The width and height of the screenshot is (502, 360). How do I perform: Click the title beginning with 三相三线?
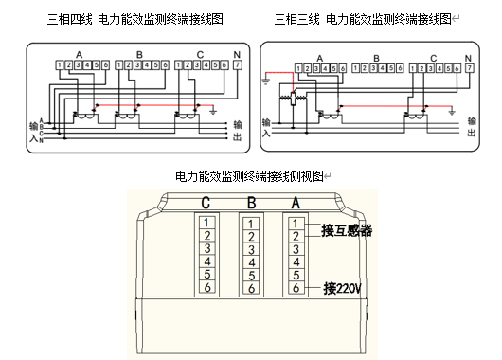pyautogui.click(x=362, y=19)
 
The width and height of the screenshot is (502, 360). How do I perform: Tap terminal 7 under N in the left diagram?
pyautogui.click(x=236, y=65)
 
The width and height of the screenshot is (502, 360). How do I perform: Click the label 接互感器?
pyautogui.click(x=347, y=229)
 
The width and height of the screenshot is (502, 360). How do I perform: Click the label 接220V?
pyautogui.click(x=343, y=288)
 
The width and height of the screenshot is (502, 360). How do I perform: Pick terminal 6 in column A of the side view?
pyautogui.click(x=296, y=288)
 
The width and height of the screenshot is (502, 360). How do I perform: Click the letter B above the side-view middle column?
pyautogui.click(x=250, y=202)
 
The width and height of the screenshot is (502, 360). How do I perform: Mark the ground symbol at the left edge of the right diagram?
pyautogui.click(x=266, y=82)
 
